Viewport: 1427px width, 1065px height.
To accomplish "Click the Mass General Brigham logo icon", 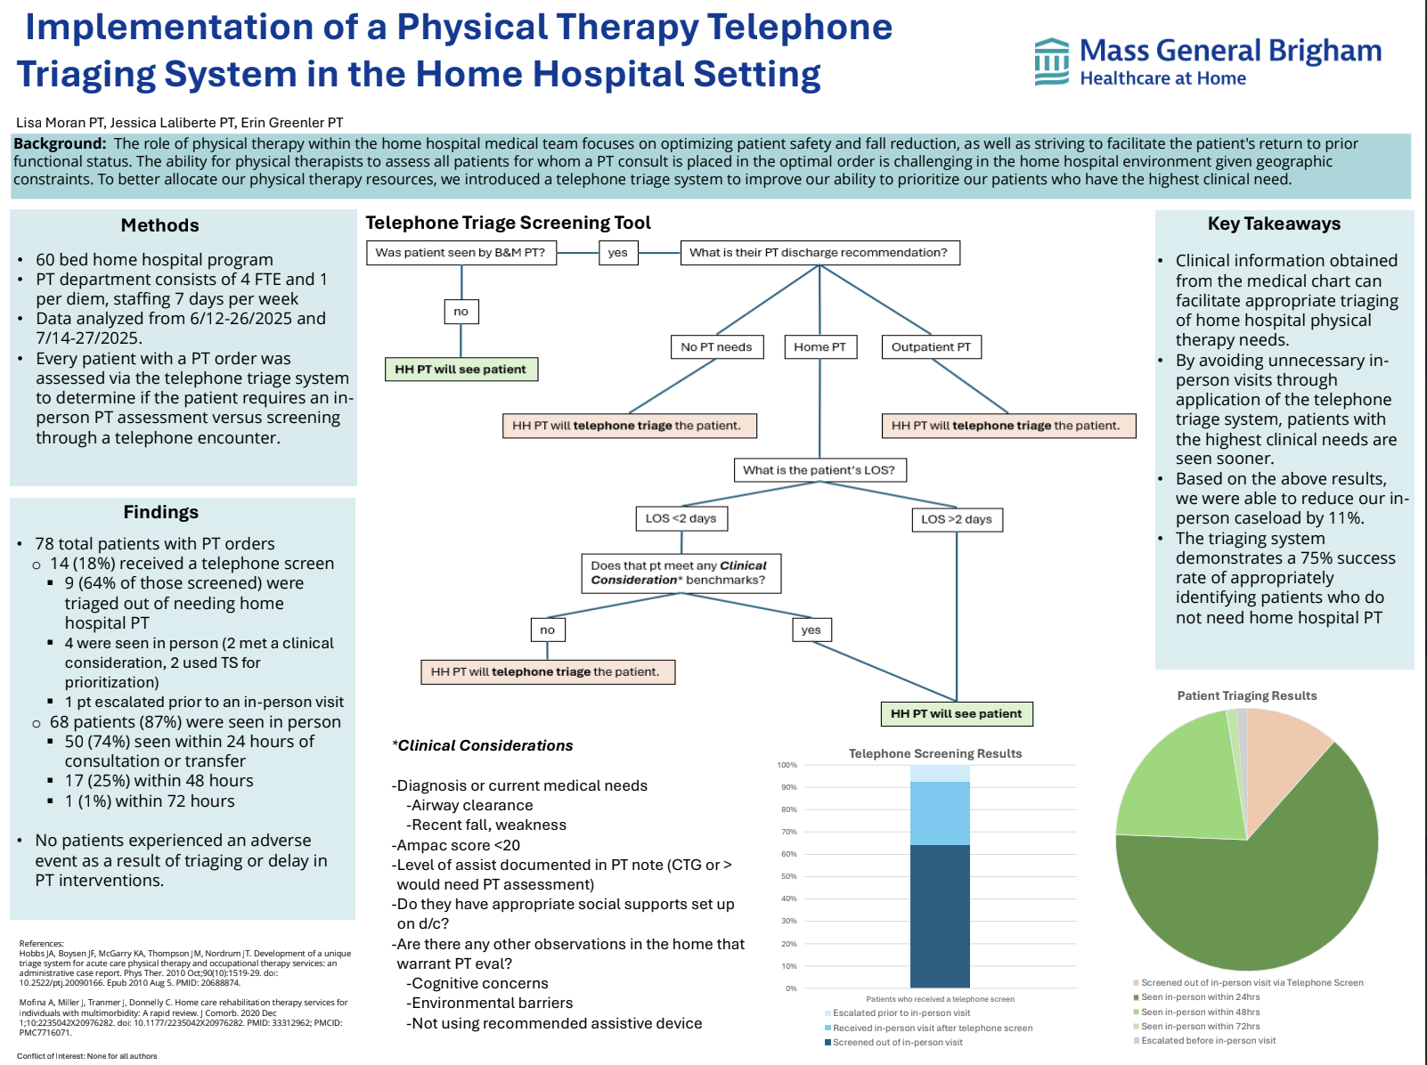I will pos(1052,61).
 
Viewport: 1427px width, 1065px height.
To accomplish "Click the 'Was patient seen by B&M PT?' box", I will pos(461,253).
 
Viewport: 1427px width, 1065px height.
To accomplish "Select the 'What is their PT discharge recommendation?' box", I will pos(819,253).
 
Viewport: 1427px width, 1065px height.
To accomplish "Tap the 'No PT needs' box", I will pos(716,347).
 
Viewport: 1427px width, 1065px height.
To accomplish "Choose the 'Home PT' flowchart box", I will pos(820,347).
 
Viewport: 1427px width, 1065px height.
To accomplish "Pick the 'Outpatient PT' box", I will pos(931,347).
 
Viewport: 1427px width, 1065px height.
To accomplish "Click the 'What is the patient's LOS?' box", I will pos(819,470).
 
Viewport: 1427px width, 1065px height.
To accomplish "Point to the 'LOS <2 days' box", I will pos(681,518).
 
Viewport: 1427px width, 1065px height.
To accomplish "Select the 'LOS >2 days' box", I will pos(957,519).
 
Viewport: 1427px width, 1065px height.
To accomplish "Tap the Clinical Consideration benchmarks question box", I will pos(679,573).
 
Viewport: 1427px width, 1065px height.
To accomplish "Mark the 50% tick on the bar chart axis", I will pos(788,876).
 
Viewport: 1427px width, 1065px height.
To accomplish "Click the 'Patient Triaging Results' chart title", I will pos(1247,695).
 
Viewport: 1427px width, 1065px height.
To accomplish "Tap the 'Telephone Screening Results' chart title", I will pos(935,753).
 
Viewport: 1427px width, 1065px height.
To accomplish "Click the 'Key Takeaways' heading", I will pos(1274,224).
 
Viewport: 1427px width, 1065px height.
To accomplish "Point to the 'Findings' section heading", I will pos(161,512).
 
